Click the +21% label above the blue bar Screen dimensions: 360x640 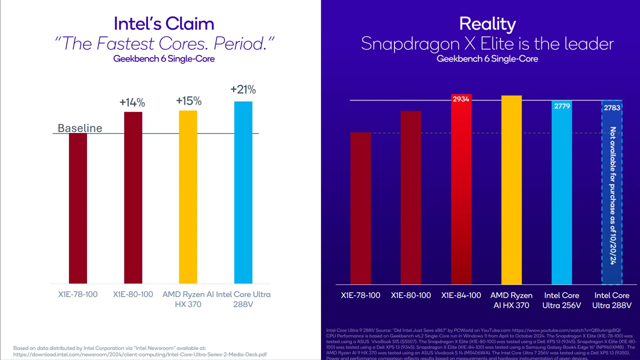tap(243, 89)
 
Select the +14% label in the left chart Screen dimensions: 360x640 tap(132, 102)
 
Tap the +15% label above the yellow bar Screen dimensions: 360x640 tap(189, 101)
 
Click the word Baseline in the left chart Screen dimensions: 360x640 tap(80, 128)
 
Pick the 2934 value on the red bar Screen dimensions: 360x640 tap(461, 99)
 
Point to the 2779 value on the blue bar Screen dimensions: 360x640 tap(562, 106)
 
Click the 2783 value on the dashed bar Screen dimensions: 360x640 tap(612, 108)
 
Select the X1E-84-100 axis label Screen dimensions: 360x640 tap(461, 295)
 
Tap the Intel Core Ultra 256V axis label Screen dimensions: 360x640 tap(562, 300)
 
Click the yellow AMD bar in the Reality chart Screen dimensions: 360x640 tap(511, 190)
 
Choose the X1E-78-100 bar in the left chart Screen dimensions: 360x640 tap(78, 208)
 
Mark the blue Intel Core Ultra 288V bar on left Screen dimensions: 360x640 tap(243, 193)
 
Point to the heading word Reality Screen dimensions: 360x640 tap(487, 24)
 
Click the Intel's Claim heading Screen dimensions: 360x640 tap(164, 24)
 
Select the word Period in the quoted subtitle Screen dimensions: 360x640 tap(240, 44)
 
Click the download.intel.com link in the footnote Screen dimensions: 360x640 tap(140, 354)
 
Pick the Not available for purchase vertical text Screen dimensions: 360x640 tap(613, 196)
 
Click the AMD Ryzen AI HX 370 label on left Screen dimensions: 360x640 tap(188, 299)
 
